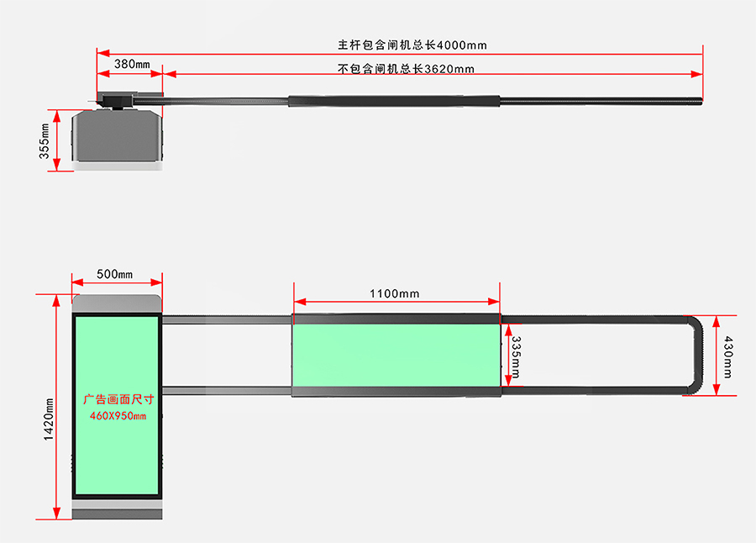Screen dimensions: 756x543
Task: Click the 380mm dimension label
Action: coord(132,64)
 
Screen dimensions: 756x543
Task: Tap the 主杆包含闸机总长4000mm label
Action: coord(412,45)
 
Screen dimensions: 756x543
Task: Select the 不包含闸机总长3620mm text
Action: coord(406,69)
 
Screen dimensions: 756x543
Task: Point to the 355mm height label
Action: coord(45,141)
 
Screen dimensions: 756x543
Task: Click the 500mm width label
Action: coord(115,274)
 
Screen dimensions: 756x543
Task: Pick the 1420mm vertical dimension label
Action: coord(49,419)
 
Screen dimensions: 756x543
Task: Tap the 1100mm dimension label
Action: coord(395,293)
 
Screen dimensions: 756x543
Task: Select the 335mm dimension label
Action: coord(516,357)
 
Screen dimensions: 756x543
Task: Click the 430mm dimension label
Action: coord(728,357)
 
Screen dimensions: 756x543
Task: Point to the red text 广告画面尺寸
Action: coord(118,399)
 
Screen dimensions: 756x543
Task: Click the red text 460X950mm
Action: coord(118,415)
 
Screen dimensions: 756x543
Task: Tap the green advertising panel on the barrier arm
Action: coord(396,356)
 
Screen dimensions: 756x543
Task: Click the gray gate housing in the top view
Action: coord(117,135)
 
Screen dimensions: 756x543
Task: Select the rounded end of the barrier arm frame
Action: coord(695,356)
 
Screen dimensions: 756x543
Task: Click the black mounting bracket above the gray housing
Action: coord(117,101)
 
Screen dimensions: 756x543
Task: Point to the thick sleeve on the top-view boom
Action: coord(394,101)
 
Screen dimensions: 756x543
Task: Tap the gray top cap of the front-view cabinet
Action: coord(117,303)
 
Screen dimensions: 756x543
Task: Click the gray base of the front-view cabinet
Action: coord(117,509)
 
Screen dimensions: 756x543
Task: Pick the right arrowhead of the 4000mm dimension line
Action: coord(696,53)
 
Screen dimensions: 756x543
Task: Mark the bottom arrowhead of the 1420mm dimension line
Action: coord(56,513)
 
